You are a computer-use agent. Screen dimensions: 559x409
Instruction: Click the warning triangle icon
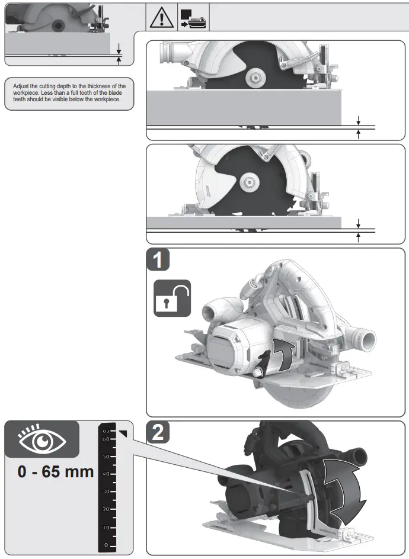point(160,18)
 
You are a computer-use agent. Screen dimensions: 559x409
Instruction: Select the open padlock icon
point(172,298)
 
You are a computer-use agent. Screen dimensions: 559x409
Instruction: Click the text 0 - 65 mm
point(56,472)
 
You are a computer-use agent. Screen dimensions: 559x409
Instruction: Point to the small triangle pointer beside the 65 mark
point(123,435)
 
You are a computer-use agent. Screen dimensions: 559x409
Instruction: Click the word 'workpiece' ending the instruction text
point(107,100)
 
